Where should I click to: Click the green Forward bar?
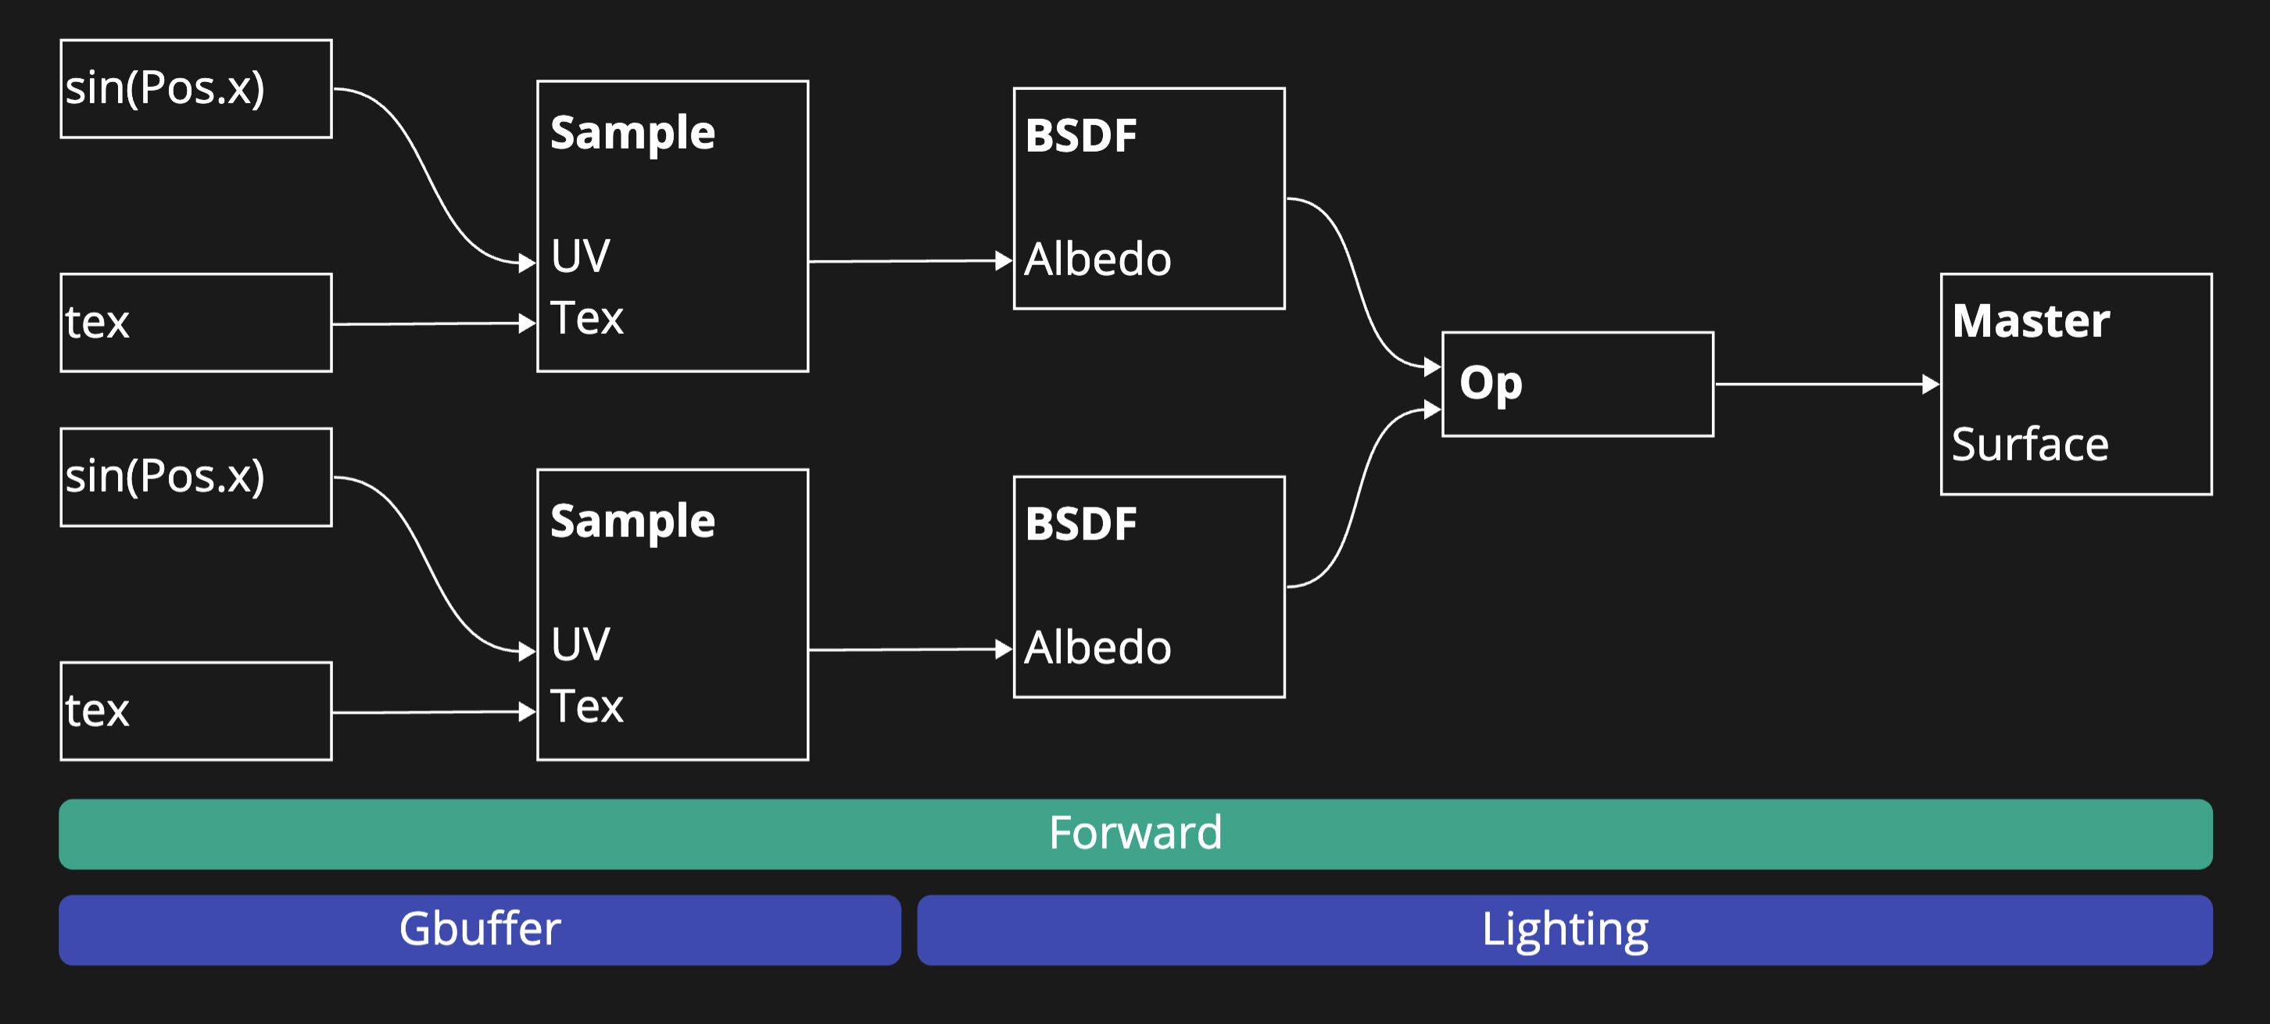pyautogui.click(x=1135, y=833)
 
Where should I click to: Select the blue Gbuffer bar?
pyautogui.click(x=479, y=929)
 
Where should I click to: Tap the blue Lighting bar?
pyautogui.click(x=1564, y=929)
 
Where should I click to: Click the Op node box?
pyautogui.click(x=1577, y=385)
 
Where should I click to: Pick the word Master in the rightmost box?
pyautogui.click(x=2030, y=320)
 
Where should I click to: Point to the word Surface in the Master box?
pyautogui.click(x=2029, y=444)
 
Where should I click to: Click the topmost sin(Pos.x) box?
pyautogui.click(x=195, y=88)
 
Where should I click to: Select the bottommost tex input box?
pyautogui.click(x=195, y=711)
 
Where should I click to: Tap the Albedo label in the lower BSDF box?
pyautogui.click(x=1097, y=649)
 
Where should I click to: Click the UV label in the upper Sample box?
pyautogui.click(x=580, y=256)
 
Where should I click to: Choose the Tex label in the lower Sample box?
pyautogui.click(x=587, y=707)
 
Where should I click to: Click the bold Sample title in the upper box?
pyautogui.click(x=632, y=134)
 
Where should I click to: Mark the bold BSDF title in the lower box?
pyautogui.click(x=1080, y=525)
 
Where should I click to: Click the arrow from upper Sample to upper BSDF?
pyautogui.click(x=908, y=261)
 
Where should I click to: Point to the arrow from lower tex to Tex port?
pyautogui.click(x=431, y=712)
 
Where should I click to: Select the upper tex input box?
pyautogui.click(x=195, y=323)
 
